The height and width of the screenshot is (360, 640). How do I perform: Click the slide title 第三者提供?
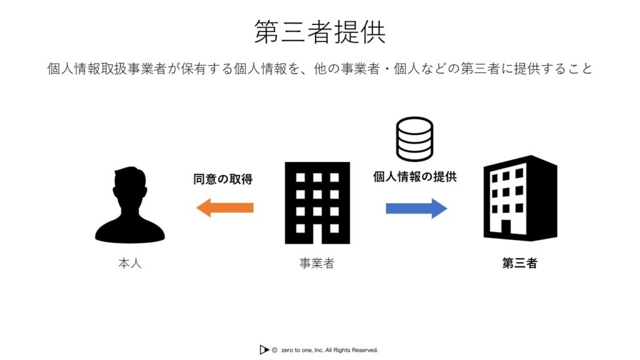pyautogui.click(x=319, y=32)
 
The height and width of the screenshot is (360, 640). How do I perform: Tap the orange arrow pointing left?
pyautogui.click(x=225, y=207)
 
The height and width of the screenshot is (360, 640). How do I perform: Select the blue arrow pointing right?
pyautogui.click(x=416, y=209)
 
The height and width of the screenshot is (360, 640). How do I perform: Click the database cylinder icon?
pyautogui.click(x=414, y=139)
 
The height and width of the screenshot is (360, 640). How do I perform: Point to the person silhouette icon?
pyautogui.click(x=130, y=205)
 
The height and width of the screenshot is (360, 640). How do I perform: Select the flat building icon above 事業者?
pyautogui.click(x=317, y=203)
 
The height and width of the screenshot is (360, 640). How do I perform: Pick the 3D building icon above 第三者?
pyautogui.click(x=520, y=198)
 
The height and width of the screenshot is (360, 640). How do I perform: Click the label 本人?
pyautogui.click(x=130, y=263)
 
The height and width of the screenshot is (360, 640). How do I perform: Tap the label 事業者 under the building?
pyautogui.click(x=317, y=263)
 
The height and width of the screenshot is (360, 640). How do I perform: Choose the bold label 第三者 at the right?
pyautogui.click(x=519, y=263)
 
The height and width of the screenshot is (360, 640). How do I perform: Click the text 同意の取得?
pyautogui.click(x=223, y=179)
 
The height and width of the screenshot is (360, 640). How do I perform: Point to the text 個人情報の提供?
pyautogui.click(x=415, y=177)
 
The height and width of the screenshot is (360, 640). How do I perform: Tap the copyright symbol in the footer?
pyautogui.click(x=274, y=350)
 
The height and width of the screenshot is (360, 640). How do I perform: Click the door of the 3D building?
pyautogui.click(x=506, y=227)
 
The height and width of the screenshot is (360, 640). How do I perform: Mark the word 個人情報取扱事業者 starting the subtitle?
pyautogui.click(x=106, y=69)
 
